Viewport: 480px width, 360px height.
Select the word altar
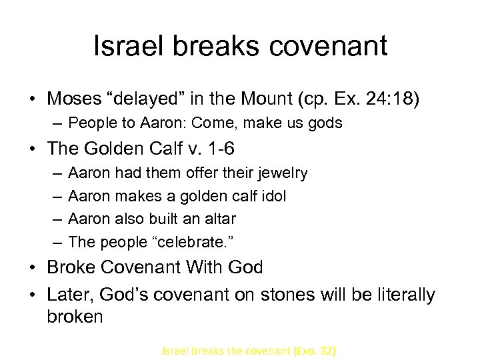pos(217,219)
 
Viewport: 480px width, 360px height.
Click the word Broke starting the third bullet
pos(73,267)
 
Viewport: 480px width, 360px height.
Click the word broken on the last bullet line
pos(75,316)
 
